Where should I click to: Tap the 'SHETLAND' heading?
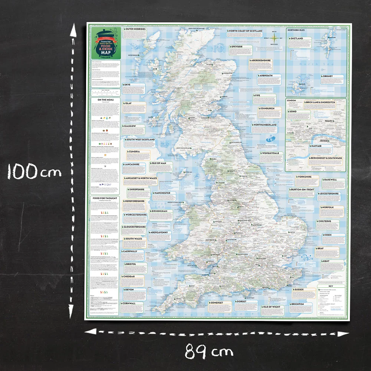pos(297,38)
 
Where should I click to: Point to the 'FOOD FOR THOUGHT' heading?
pos(105,198)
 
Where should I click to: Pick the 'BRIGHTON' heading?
pos(298,304)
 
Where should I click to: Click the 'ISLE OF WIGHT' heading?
pos(272,307)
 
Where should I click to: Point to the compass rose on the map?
pos(274,38)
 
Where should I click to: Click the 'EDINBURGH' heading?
pos(267,109)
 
